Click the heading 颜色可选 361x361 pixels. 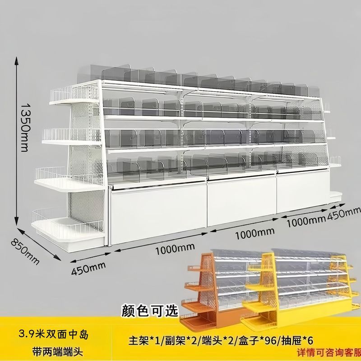[151, 310]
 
